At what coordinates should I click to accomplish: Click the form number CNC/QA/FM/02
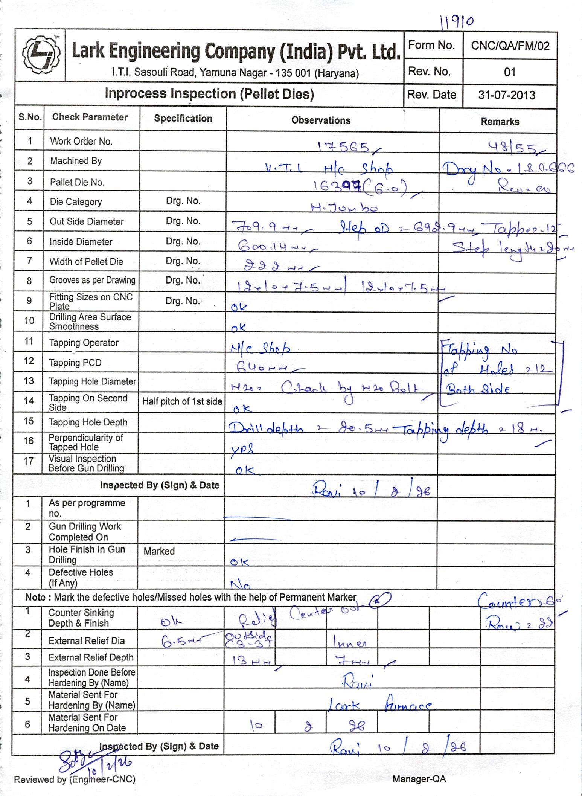pyautogui.click(x=510, y=46)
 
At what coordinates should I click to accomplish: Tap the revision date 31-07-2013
pyautogui.click(x=507, y=95)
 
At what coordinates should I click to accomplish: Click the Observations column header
pyautogui.click(x=321, y=120)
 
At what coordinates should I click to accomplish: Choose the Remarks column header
pyautogui.click(x=500, y=122)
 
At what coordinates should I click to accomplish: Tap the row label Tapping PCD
pyautogui.click(x=75, y=363)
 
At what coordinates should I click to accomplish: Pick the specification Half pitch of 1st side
pyautogui.click(x=182, y=401)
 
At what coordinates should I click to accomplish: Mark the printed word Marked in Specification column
pyautogui.click(x=159, y=551)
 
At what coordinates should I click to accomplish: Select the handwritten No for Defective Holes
pyautogui.click(x=240, y=584)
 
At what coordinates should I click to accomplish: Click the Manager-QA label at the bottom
pyautogui.click(x=419, y=779)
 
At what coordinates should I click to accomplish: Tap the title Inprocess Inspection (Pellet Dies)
pyautogui.click(x=209, y=94)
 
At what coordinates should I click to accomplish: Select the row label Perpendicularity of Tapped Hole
pyautogui.click(x=86, y=442)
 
